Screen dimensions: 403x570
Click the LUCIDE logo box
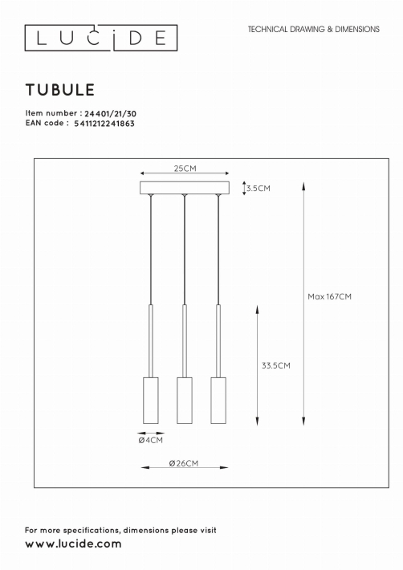pyautogui.click(x=101, y=25)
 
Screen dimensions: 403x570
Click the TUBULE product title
pyautogui.click(x=60, y=90)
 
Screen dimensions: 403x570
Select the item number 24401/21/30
pyautogui.click(x=111, y=114)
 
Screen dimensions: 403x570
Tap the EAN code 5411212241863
pyautogui.click(x=104, y=124)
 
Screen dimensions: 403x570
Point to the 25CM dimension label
pyautogui.click(x=185, y=169)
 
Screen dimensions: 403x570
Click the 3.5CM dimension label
pyautogui.click(x=258, y=189)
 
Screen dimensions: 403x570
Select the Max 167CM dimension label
pyautogui.click(x=330, y=296)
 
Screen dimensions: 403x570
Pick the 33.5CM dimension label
pyautogui.click(x=276, y=365)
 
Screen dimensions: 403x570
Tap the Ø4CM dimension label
pyautogui.click(x=151, y=440)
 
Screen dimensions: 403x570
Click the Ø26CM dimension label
pyautogui.click(x=184, y=463)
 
